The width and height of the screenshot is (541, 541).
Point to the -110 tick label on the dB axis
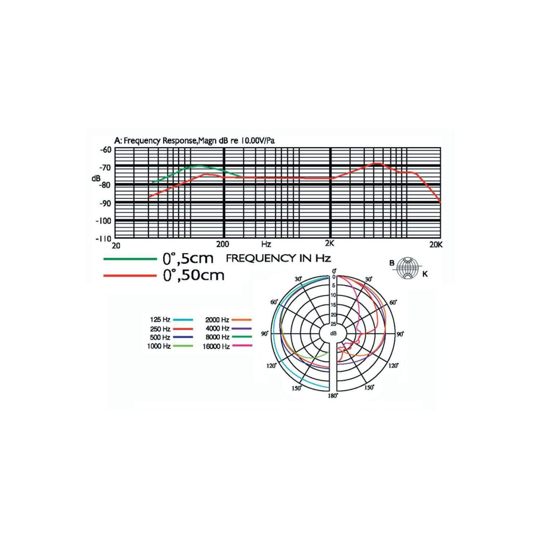[103, 239]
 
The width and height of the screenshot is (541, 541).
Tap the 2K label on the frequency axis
[330, 244]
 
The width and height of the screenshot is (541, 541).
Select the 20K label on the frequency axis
[436, 245]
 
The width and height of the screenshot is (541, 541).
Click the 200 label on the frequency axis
[223, 244]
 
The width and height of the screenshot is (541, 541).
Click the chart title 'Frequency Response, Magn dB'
[194, 141]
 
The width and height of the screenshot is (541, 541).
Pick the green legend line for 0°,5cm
[130, 259]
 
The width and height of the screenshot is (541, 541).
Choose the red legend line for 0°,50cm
[130, 276]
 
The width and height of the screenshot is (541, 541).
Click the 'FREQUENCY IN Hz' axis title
[278, 258]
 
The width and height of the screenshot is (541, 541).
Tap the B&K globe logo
[409, 268]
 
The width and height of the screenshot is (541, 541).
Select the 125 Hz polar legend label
[160, 320]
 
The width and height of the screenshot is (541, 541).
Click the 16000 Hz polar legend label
[216, 346]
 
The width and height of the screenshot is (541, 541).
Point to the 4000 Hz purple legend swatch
[241, 329]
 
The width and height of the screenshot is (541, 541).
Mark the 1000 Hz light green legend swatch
[183, 346]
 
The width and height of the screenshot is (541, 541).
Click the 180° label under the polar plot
[333, 396]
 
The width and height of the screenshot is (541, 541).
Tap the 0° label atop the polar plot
[334, 271]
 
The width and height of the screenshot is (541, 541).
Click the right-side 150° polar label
[369, 388]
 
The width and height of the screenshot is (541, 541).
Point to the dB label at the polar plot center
[333, 334]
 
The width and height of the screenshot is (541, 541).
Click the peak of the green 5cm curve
[199, 166]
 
